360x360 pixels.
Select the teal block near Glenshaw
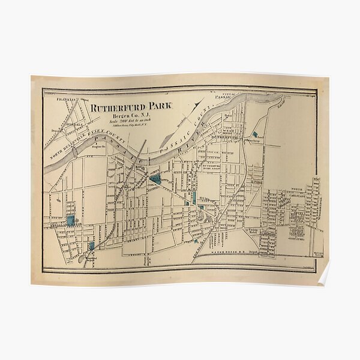[258, 136]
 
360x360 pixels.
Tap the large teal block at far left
[71, 220]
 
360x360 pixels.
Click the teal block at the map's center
[155, 178]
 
